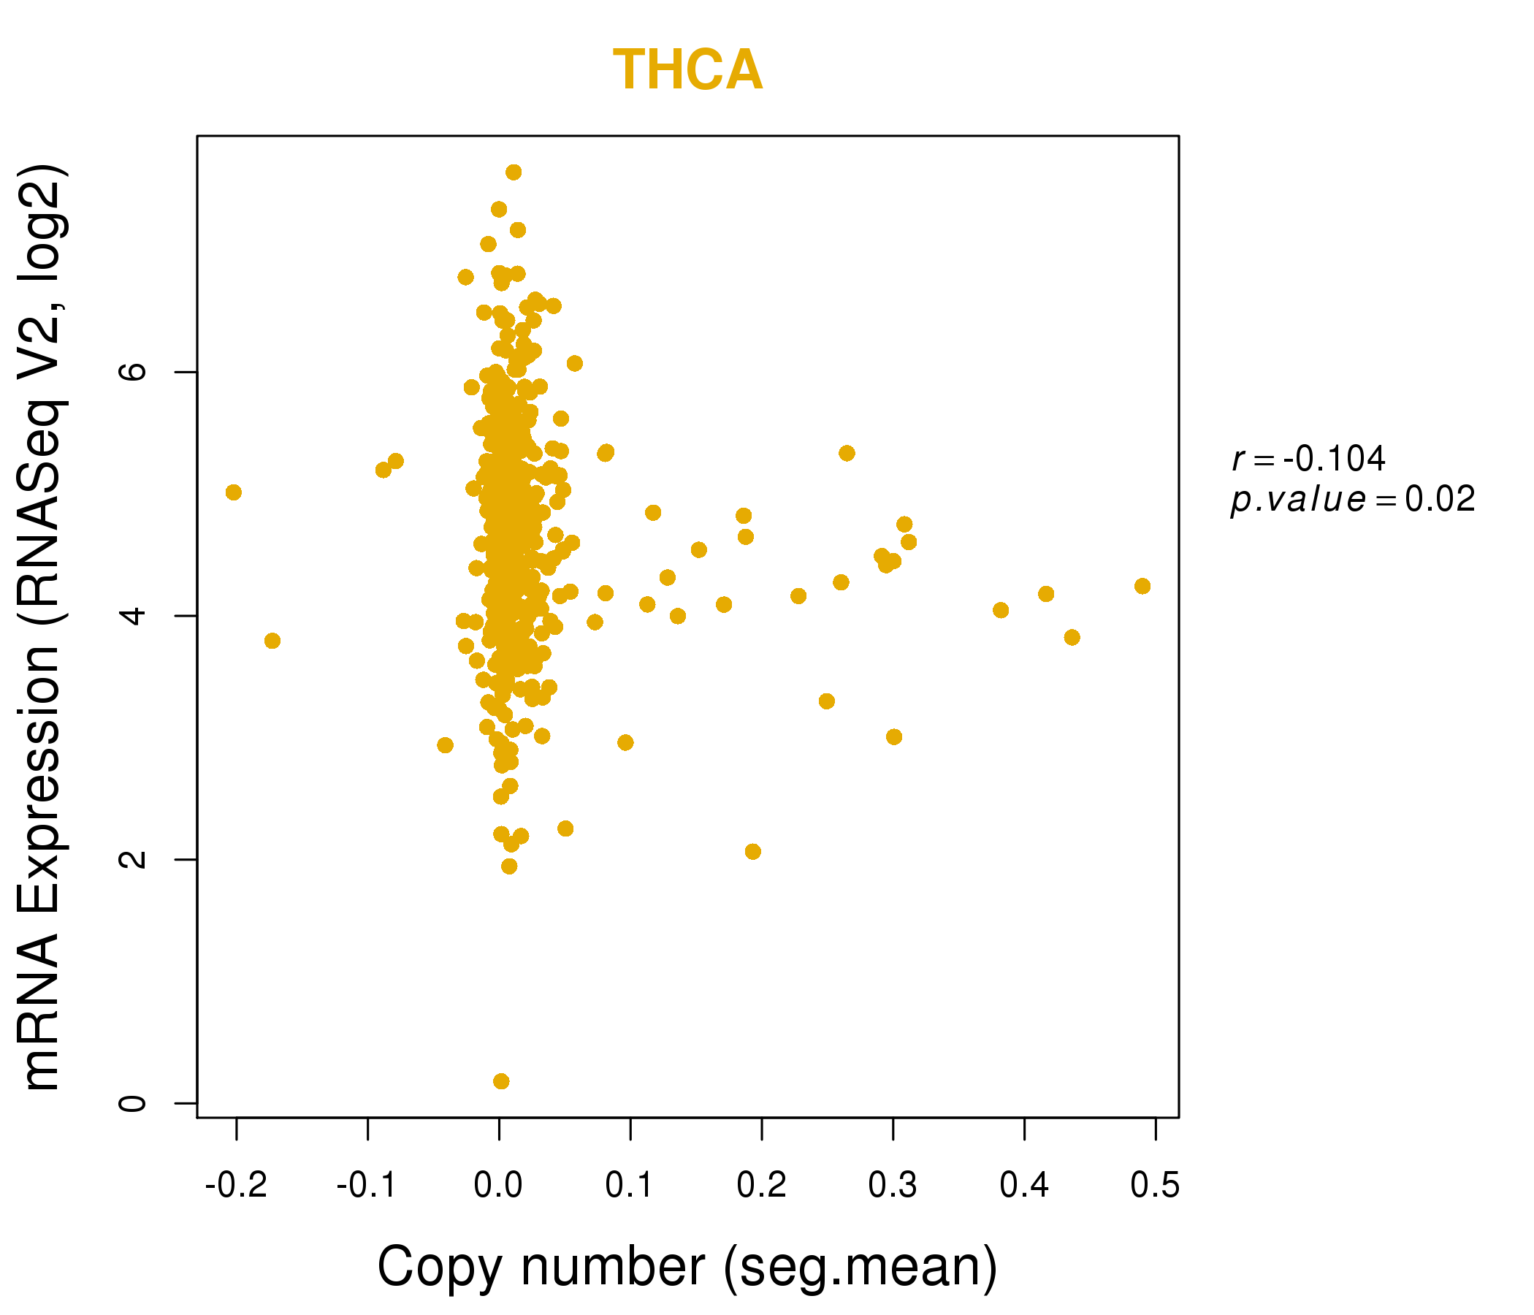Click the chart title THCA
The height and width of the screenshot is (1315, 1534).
(687, 70)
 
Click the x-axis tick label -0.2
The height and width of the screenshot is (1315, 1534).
(236, 1186)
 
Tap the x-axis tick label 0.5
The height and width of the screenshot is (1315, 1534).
(1155, 1186)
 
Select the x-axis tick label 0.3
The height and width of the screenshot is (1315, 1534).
(892, 1186)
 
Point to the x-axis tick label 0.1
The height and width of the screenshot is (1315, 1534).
(629, 1186)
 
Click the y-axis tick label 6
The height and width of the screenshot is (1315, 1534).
(134, 372)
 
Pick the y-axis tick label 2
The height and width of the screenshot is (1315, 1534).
(134, 859)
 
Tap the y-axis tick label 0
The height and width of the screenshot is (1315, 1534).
(134, 1103)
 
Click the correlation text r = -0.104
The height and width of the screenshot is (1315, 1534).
(1308, 459)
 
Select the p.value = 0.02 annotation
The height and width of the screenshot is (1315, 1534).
(1353, 500)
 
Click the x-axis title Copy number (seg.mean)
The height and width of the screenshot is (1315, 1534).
(687, 1268)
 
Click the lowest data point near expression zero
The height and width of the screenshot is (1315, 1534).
(501, 1081)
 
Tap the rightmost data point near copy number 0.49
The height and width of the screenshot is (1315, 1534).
(1142, 587)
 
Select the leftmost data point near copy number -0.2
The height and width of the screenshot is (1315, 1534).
(233, 492)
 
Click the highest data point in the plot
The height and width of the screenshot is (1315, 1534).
(514, 172)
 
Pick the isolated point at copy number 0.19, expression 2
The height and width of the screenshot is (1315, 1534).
(753, 852)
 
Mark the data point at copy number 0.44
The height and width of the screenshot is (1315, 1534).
(1072, 638)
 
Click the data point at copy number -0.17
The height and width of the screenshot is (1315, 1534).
(272, 641)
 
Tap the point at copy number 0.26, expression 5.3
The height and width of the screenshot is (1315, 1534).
(847, 453)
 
